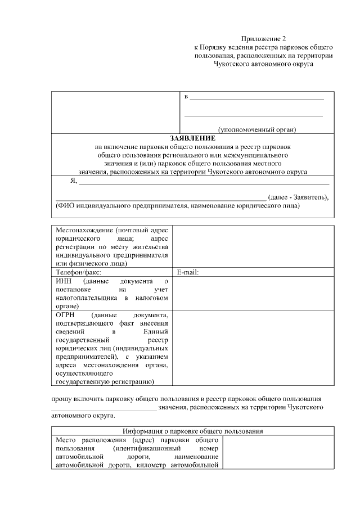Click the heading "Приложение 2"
coord(263,39)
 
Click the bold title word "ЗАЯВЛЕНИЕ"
coord(192,138)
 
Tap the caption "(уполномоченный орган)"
coord(256,129)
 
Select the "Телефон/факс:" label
coord(78,272)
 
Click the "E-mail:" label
coord(188,272)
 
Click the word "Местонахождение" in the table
coord(82,230)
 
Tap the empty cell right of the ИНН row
coord(253,293)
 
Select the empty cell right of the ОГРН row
coord(253,349)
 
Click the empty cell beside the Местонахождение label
coord(253,246)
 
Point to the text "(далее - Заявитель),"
coord(298,197)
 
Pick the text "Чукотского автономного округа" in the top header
coord(263,64)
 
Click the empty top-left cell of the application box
coord(115,112)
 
